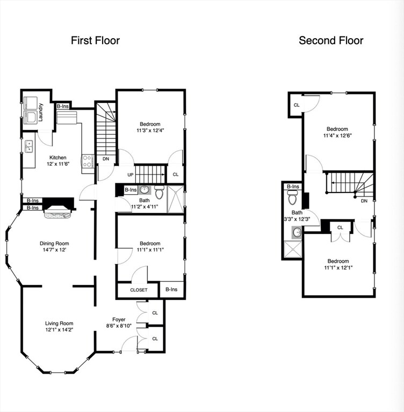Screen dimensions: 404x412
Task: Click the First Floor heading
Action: point(95,40)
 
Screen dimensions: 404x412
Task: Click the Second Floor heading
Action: point(331,40)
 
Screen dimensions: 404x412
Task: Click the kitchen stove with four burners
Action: point(88,161)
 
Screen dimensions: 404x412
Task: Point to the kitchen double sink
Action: point(28,146)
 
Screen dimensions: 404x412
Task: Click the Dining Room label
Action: point(52,242)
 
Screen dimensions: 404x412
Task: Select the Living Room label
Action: point(59,323)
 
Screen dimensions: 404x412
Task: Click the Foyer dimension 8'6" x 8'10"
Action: point(119,326)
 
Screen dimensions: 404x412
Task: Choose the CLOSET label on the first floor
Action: point(139,290)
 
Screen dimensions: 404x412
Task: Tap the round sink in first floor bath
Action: point(144,189)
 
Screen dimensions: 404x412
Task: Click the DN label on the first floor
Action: point(106,159)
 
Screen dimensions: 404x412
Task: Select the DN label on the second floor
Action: point(364,201)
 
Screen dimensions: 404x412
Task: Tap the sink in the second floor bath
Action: point(297,232)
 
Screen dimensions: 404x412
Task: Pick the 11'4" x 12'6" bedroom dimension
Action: point(338,136)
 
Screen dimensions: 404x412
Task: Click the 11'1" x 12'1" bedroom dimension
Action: point(338,268)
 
